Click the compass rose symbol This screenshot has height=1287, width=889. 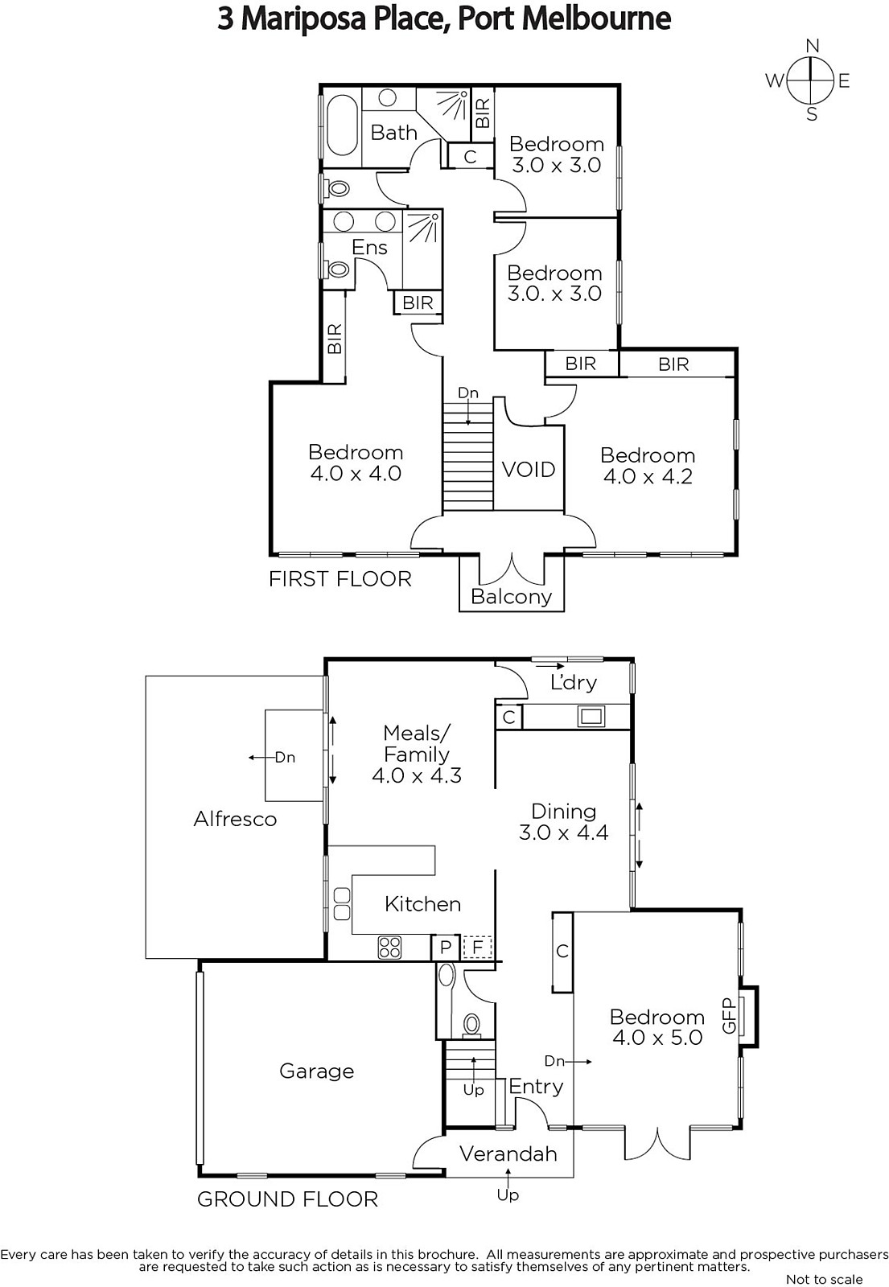pos(809,80)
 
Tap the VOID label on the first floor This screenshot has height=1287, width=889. pos(529,470)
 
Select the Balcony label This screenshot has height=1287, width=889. pos(511,596)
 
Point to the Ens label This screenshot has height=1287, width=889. pos(369,247)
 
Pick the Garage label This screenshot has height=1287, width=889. pos(317,1071)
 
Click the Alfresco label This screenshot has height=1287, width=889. pos(235,819)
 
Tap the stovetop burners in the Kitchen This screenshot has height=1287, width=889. pos(389,948)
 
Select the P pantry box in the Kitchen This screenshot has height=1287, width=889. pos(446,947)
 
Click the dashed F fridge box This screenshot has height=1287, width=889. pos(477,947)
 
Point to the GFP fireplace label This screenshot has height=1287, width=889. pos(729,1016)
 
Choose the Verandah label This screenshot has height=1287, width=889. pos(508,1153)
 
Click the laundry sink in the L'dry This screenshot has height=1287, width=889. pos(591,717)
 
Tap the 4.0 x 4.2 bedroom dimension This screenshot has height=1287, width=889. pos(648,476)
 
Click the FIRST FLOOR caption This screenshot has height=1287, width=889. pos(340,578)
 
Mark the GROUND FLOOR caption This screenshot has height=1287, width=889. pos(287,1199)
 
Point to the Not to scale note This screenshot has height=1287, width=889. pos(824,1279)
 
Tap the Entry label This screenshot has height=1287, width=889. pos(536,1087)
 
